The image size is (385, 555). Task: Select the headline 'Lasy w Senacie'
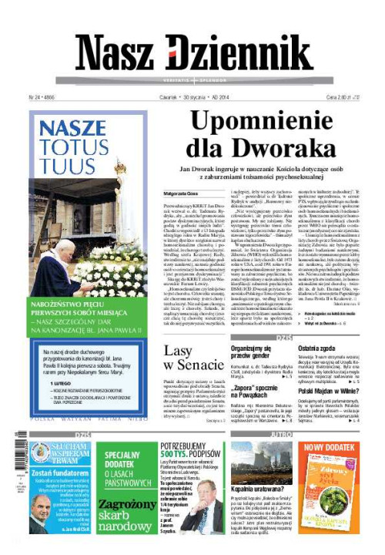(188, 358)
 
